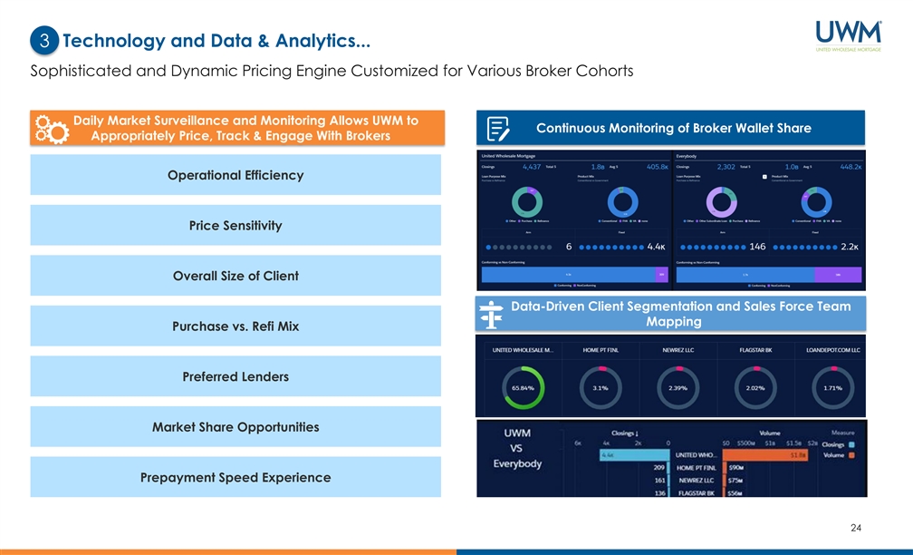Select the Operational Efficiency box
(x=235, y=175)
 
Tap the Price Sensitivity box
(x=235, y=225)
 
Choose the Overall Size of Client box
(x=235, y=276)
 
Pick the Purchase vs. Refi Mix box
(x=235, y=326)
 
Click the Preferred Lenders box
(x=235, y=376)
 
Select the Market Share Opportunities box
(x=235, y=426)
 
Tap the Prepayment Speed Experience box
(x=235, y=477)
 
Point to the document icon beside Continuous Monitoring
(x=497, y=129)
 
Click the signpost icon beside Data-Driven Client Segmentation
(x=491, y=315)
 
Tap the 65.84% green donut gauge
(x=524, y=387)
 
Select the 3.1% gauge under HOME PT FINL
(x=601, y=387)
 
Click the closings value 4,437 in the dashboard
(x=532, y=167)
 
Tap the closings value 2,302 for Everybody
(x=726, y=167)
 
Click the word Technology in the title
(x=116, y=41)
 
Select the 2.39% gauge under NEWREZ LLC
(x=678, y=387)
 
